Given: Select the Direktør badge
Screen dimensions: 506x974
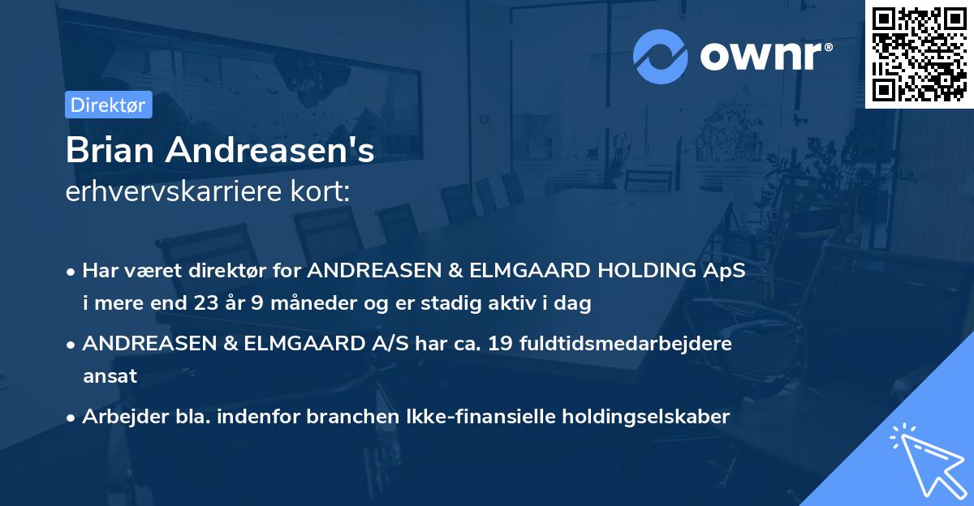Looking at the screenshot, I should [x=108, y=105].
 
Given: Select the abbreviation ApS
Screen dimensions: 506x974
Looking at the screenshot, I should [x=724, y=270].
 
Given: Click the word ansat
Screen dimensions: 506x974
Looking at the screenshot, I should [x=109, y=376].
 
